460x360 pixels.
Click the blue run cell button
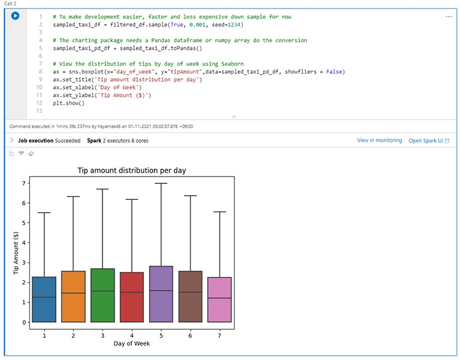pos(15,16)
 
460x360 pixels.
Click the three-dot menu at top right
pos(448,17)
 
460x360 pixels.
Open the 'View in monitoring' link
pos(379,140)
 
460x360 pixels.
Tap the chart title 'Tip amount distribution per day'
pos(131,170)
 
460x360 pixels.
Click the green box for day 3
pos(102,295)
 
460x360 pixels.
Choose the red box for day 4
pos(132,297)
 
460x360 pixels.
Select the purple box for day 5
pos(161,294)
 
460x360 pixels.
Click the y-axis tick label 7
pos(24,183)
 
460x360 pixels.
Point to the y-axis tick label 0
pos(24,322)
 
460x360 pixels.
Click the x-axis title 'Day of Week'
pos(131,343)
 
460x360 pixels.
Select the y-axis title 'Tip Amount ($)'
pos(17,252)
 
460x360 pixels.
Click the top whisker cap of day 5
pos(161,183)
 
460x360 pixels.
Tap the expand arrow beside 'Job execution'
pos(12,140)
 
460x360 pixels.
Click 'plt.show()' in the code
pos(68,103)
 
